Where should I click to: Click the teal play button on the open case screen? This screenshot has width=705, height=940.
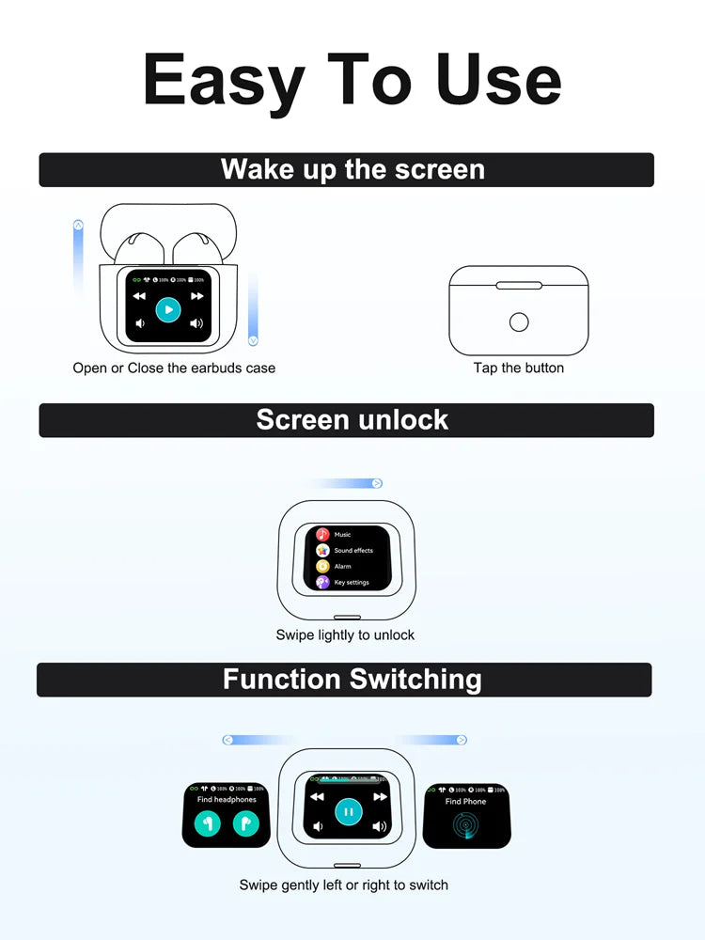coord(168,309)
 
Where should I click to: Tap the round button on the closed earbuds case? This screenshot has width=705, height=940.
coord(518,322)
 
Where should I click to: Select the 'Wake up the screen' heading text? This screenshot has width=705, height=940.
coord(352,169)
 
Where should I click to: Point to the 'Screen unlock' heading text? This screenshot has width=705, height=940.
coord(352,419)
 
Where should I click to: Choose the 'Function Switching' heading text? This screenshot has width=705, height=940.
coord(352,679)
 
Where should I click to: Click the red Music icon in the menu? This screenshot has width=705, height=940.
coord(322,534)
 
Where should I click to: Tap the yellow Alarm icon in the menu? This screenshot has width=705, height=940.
coord(322,566)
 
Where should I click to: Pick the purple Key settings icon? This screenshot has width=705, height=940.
coord(322,582)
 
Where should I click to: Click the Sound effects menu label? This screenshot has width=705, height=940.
coord(353,550)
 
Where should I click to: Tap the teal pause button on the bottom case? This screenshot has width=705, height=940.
coord(348,811)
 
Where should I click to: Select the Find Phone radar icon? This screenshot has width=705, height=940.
coord(466,824)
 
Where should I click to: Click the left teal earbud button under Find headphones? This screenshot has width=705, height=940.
coord(208,822)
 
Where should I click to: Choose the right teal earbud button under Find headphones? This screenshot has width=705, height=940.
coord(244,822)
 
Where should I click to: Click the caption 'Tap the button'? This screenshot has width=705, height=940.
coord(518,368)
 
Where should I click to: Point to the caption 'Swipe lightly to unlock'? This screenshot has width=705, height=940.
coord(345,634)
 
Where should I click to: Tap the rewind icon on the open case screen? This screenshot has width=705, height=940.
coord(139,295)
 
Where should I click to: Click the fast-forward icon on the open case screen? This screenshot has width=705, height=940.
coord(197,295)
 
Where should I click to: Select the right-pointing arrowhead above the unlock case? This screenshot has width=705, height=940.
coord(377,483)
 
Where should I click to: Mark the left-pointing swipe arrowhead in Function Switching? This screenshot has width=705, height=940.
coord(227,740)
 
